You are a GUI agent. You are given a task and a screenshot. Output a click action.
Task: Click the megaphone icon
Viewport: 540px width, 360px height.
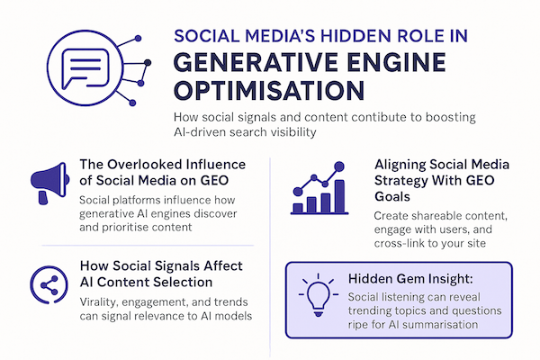click(x=49, y=183)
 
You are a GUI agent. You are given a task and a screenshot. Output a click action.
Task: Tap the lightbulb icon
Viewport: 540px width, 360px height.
click(x=319, y=295)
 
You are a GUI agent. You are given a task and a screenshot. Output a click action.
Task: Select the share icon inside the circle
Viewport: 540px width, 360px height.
click(x=49, y=285)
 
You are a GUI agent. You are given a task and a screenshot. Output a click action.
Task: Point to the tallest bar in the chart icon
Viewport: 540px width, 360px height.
click(x=339, y=196)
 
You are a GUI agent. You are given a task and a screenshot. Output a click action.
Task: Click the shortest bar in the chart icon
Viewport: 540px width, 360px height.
click(x=298, y=208)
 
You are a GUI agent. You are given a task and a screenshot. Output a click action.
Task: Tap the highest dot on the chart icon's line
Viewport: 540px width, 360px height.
click(x=339, y=166)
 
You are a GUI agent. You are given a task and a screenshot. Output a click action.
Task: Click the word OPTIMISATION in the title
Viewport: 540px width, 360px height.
click(x=269, y=90)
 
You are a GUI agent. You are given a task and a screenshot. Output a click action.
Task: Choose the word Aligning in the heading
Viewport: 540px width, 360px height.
click(x=399, y=165)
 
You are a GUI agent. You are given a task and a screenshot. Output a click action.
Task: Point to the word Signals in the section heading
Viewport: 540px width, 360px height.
click(x=177, y=266)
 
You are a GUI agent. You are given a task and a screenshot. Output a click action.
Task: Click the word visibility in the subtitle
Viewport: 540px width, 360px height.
click(x=289, y=132)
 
